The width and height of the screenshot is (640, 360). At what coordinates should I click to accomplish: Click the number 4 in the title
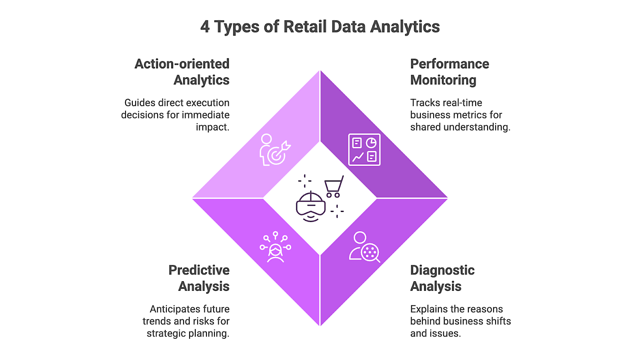(x=205, y=27)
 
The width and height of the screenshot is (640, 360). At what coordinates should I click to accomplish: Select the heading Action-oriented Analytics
(x=182, y=72)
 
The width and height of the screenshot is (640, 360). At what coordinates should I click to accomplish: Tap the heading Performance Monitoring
(x=449, y=72)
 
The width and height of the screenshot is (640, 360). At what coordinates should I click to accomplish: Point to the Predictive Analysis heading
(x=199, y=278)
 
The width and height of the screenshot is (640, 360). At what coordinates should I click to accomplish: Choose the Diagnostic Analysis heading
(x=442, y=278)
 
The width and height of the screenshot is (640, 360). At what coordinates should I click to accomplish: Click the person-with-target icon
(x=274, y=150)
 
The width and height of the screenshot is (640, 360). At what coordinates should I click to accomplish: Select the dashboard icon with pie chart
(x=364, y=150)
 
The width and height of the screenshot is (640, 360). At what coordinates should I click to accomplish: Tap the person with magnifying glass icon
(x=364, y=247)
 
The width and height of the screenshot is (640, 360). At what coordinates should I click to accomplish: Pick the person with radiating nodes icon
(x=275, y=247)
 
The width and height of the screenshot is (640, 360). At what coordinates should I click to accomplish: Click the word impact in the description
(x=212, y=127)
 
